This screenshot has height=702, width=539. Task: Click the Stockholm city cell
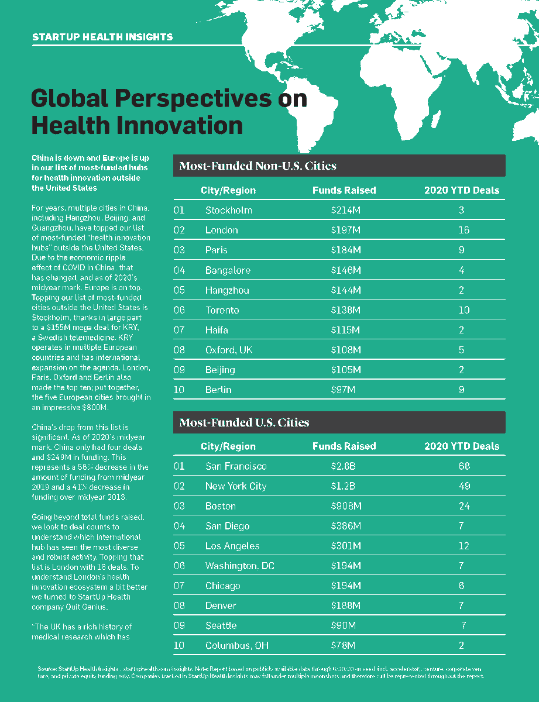click(x=228, y=210)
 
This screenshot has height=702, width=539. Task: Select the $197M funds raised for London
click(x=345, y=230)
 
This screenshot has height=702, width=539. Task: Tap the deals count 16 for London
click(x=464, y=230)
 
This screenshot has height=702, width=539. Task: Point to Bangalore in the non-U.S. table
click(x=228, y=270)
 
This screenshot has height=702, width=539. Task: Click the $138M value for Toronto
click(x=345, y=310)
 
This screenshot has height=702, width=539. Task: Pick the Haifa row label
click(x=217, y=330)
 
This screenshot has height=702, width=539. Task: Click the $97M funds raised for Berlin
click(x=343, y=390)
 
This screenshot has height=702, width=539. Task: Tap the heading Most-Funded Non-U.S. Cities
click(x=258, y=166)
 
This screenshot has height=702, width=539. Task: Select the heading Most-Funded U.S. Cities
click(x=244, y=422)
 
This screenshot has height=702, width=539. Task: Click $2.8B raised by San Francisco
click(x=343, y=466)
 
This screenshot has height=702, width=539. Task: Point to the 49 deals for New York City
click(x=464, y=486)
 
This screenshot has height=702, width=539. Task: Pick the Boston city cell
click(x=221, y=506)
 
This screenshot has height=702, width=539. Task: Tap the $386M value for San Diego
click(x=345, y=526)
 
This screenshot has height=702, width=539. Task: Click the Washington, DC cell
click(x=239, y=566)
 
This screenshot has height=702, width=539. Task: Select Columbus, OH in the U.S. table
click(x=236, y=645)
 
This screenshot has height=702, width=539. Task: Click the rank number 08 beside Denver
click(x=179, y=605)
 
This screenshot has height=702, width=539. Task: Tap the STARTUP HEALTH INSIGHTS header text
click(x=102, y=37)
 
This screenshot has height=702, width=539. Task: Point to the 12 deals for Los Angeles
click(x=464, y=546)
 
